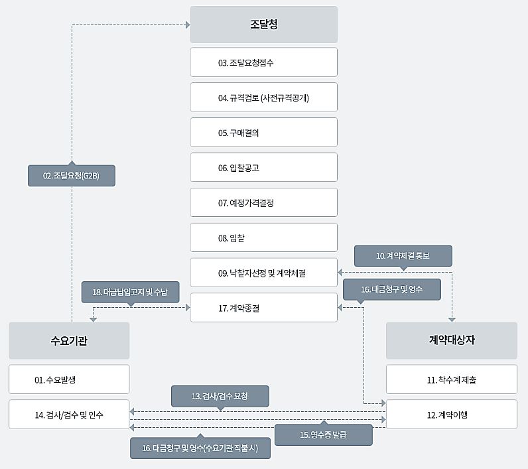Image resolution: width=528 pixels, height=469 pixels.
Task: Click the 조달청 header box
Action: click(x=263, y=25)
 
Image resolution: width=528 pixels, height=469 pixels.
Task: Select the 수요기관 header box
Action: click(x=68, y=341)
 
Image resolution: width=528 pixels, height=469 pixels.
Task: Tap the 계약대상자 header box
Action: click(x=451, y=340)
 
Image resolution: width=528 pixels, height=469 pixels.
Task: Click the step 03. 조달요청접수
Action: click(x=263, y=62)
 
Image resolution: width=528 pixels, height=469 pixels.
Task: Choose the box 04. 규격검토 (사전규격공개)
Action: click(x=263, y=98)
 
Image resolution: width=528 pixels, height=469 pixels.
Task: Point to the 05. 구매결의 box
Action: click(x=263, y=133)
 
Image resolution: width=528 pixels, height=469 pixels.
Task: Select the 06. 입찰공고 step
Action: click(x=263, y=168)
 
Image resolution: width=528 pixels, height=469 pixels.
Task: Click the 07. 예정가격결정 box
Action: click(x=263, y=203)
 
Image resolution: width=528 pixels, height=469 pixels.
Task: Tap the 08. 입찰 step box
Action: click(x=263, y=237)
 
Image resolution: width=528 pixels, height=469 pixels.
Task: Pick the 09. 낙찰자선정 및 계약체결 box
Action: click(x=263, y=273)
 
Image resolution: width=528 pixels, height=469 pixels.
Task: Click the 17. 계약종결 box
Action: click(x=263, y=308)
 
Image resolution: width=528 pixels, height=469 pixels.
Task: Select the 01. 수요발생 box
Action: click(x=68, y=379)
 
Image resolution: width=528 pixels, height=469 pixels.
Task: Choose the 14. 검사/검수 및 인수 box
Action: click(x=68, y=415)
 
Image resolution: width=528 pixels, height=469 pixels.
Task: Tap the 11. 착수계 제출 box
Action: click(x=451, y=379)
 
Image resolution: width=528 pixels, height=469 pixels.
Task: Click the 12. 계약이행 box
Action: click(x=451, y=415)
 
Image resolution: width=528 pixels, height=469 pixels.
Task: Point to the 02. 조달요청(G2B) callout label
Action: click(x=71, y=176)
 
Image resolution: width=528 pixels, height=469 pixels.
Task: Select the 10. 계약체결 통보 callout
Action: click(x=403, y=255)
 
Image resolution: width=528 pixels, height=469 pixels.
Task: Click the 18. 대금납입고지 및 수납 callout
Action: click(x=130, y=292)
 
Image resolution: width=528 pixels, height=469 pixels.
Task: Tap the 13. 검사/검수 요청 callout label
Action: click(x=220, y=396)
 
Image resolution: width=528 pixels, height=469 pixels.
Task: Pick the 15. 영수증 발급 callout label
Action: click(x=323, y=435)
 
